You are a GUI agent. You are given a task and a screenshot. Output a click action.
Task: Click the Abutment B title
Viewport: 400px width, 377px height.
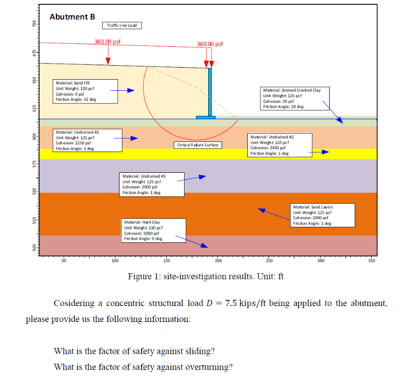[72, 17]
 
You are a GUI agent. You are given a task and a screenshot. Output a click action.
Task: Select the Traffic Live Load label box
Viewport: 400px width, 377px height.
[122, 26]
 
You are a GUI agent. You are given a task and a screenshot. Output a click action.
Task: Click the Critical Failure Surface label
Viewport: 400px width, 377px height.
[198, 145]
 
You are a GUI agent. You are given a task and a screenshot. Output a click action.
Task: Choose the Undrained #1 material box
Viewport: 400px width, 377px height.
[81, 140]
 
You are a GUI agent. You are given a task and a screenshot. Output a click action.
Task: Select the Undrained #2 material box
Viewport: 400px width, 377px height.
[279, 145]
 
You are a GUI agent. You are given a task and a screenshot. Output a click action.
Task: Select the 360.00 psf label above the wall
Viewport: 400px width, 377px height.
[210, 44]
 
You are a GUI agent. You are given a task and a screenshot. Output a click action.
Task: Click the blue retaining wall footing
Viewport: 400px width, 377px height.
[206, 117]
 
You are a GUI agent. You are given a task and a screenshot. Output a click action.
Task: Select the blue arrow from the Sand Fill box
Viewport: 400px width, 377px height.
[123, 90]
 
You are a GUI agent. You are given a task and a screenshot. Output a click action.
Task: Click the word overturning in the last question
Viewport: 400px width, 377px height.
[208, 366]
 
